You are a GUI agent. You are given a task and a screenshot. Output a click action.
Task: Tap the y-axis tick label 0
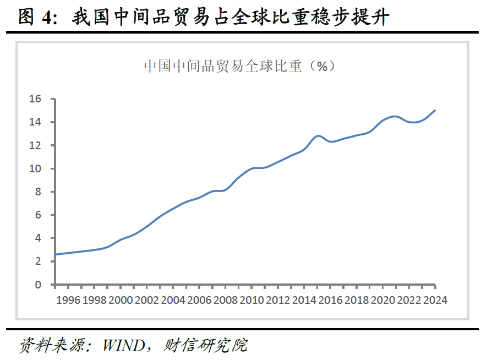point(38,285)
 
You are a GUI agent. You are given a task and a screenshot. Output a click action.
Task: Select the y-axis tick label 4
point(38,238)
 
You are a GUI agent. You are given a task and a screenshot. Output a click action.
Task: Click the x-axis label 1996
point(69,300)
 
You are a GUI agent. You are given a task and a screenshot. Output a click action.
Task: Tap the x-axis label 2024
point(434,300)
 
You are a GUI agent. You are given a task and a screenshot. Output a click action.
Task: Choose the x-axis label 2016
point(331,300)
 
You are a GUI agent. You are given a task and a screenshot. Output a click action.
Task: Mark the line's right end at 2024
point(435,110)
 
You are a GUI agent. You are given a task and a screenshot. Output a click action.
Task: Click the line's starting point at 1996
point(56,254)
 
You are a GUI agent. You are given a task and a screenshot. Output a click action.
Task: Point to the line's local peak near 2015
point(318,135)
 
